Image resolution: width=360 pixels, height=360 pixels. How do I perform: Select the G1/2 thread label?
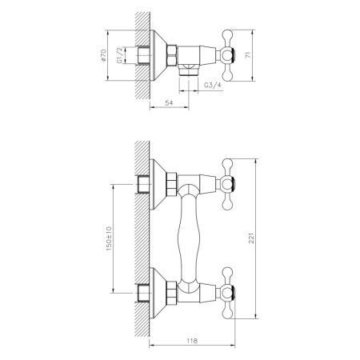tap(121, 58)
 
